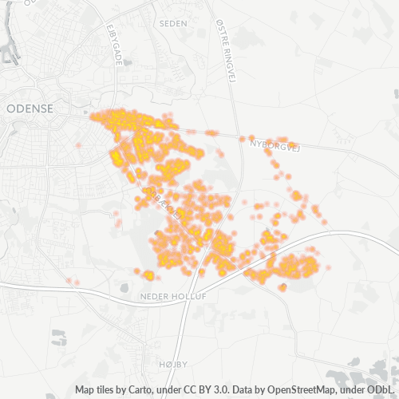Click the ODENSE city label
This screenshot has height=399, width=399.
pos(29,108)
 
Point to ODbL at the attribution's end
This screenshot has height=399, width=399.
pos(385,390)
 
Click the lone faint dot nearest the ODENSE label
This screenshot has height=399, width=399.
pos(78,145)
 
